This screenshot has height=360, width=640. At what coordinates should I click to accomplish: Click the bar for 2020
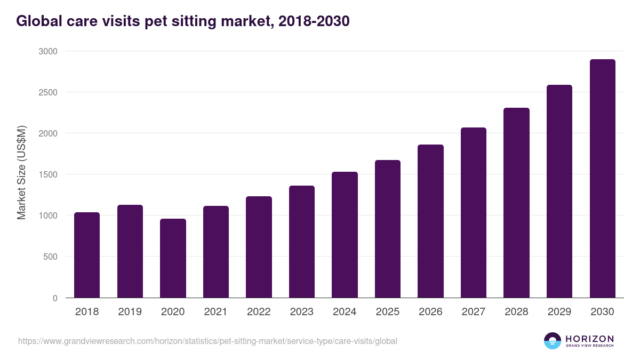click(x=173, y=258)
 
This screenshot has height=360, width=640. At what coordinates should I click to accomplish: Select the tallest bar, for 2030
click(x=602, y=179)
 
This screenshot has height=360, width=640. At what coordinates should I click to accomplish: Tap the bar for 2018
click(x=87, y=255)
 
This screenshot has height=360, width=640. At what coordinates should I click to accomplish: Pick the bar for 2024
click(x=345, y=235)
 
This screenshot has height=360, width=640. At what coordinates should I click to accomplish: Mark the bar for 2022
click(x=259, y=247)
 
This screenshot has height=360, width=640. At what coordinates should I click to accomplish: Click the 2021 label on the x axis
click(x=215, y=312)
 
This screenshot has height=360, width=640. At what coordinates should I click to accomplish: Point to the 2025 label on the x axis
click(x=387, y=312)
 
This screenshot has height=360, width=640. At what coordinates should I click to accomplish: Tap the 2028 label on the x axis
click(x=516, y=312)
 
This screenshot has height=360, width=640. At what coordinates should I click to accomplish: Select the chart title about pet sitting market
click(x=183, y=21)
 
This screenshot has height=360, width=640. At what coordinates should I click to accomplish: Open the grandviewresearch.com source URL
click(x=207, y=341)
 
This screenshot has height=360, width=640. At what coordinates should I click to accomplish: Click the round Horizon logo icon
click(x=552, y=341)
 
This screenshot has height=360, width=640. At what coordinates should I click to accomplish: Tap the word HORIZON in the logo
click(x=589, y=338)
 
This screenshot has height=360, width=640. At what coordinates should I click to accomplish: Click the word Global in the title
click(x=37, y=21)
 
